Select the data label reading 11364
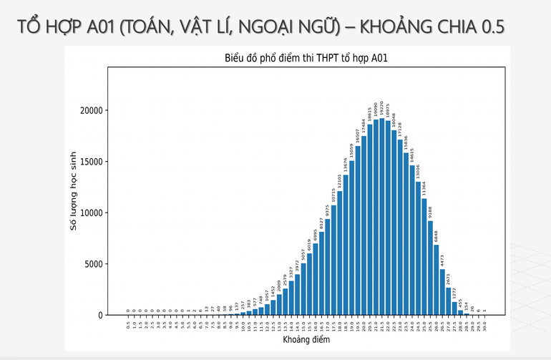[x=424, y=188]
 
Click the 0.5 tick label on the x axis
[x=128, y=325]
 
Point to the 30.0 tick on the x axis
[x=484, y=325]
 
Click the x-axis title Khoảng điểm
[x=306, y=341]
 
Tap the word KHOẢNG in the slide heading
[x=391, y=27]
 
